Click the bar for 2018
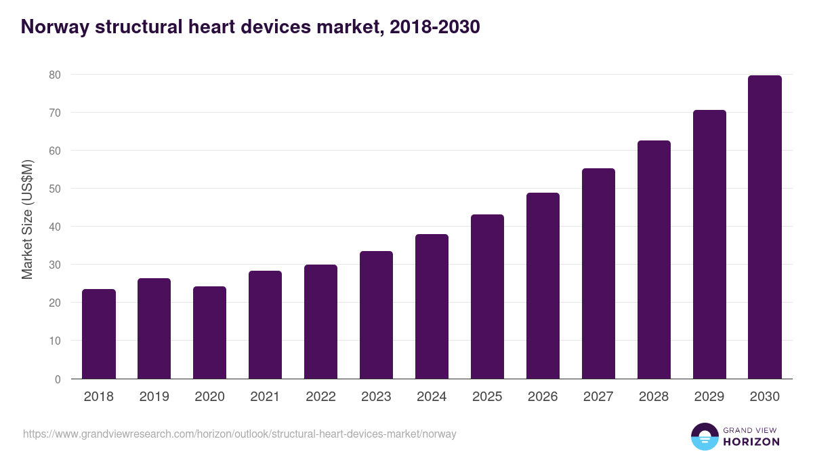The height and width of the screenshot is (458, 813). coord(99,334)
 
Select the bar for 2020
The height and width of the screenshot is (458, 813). coord(210,332)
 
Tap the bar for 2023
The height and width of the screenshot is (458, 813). coord(376,315)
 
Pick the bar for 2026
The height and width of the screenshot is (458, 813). coord(543,286)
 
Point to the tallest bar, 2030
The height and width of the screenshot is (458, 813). coord(765,227)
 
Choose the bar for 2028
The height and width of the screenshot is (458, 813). coord(654,260)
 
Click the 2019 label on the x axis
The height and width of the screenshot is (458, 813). coord(154,397)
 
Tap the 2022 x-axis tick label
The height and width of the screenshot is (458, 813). coord(321,397)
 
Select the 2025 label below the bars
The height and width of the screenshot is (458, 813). coord(487,397)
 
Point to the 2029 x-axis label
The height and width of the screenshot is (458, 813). coord(709,397)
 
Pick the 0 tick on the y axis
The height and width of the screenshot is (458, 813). coord(58,379)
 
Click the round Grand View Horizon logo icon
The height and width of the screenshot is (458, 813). coord(704,436)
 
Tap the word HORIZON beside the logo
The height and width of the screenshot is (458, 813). coord(751,442)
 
